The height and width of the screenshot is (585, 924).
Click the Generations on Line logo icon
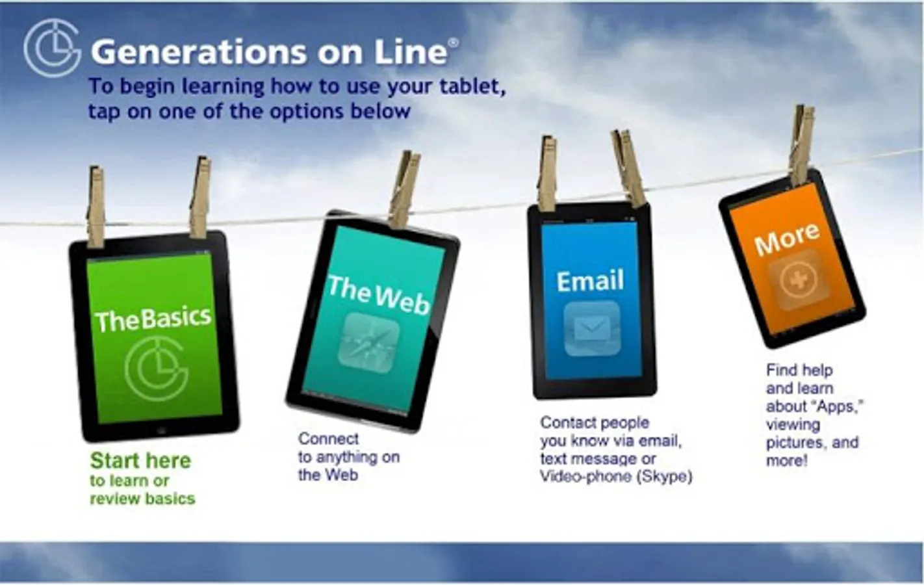(52, 47)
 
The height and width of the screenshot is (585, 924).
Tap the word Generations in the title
(198, 52)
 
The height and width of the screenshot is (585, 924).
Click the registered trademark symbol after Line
(453, 43)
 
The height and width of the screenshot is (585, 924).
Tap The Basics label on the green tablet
(153, 319)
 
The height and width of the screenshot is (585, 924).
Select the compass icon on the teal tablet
(369, 343)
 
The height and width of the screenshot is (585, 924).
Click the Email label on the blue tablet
(590, 281)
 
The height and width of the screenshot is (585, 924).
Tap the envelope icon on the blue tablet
(591, 329)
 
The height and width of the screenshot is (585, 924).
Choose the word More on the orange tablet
(787, 239)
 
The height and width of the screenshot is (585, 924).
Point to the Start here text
(140, 460)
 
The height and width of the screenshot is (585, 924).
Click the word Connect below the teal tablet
(328, 439)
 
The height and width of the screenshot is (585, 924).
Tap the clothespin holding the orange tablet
(802, 145)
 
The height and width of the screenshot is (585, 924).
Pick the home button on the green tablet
(161, 431)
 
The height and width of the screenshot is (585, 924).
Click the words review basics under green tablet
(142, 499)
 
